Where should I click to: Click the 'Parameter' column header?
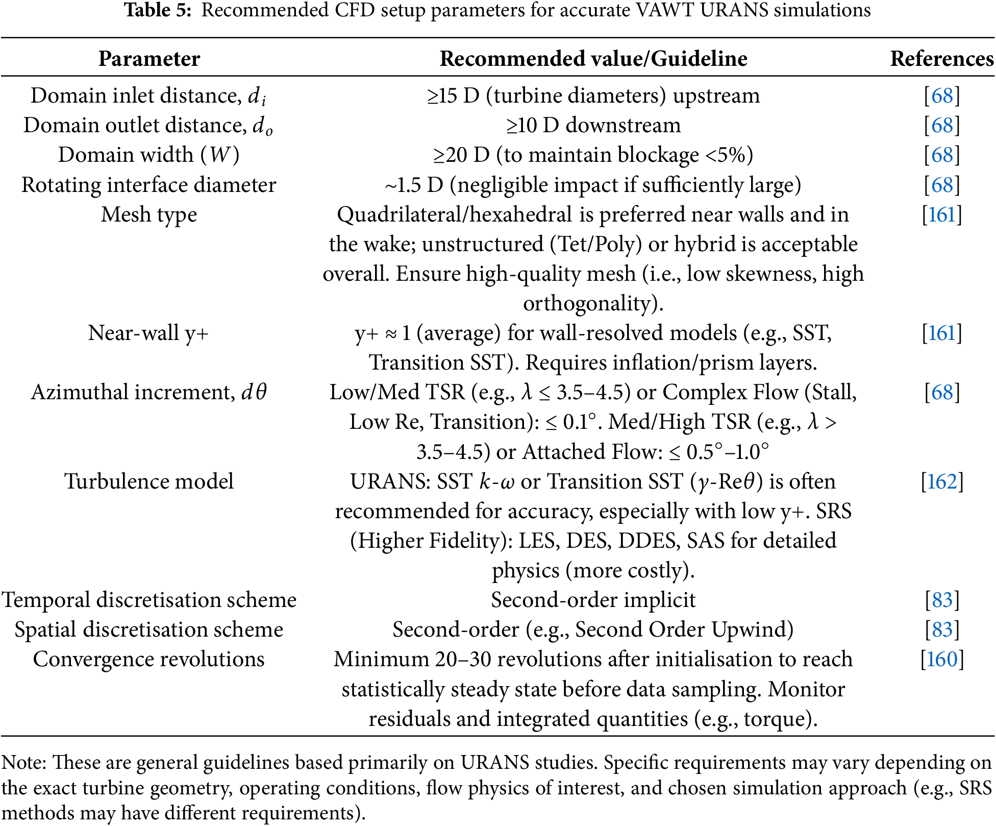click(x=149, y=59)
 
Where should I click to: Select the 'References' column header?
click(x=941, y=59)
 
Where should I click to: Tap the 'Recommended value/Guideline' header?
click(x=593, y=59)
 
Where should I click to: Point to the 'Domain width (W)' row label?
click(x=148, y=155)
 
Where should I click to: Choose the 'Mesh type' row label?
click(x=148, y=214)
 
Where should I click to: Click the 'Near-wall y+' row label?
click(x=148, y=333)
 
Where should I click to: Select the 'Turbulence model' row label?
click(x=148, y=481)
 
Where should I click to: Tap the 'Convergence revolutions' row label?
click(x=148, y=659)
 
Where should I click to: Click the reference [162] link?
click(x=942, y=481)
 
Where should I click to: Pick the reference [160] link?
click(x=942, y=659)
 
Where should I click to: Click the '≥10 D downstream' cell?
click(x=593, y=125)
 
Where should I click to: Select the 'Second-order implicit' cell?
click(x=593, y=600)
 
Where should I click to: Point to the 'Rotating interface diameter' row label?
click(x=148, y=185)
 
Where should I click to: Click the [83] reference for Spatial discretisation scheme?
click(x=942, y=629)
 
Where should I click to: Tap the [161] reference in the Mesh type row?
click(x=942, y=214)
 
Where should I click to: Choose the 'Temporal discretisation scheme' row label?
click(x=148, y=600)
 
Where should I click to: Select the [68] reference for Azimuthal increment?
click(x=942, y=392)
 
